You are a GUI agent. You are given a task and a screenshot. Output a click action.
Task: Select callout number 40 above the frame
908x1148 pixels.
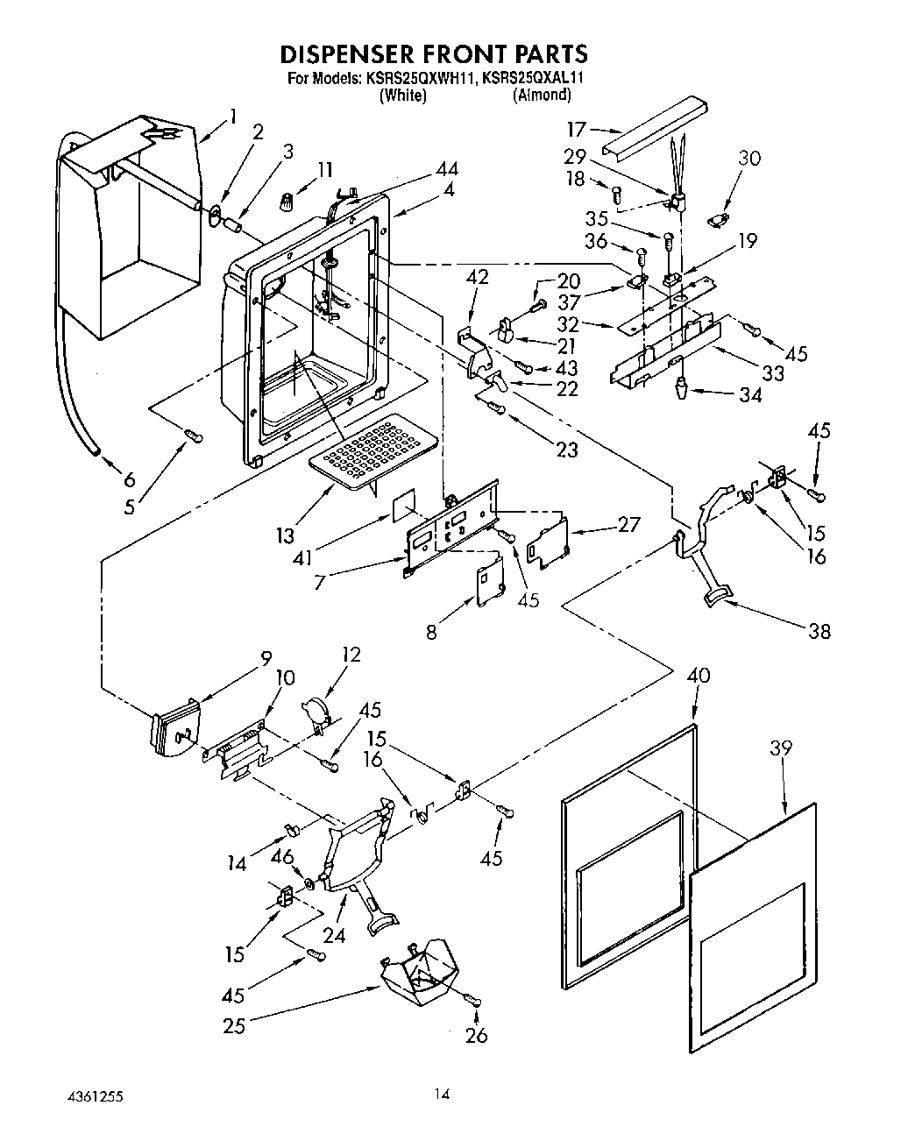coord(699,676)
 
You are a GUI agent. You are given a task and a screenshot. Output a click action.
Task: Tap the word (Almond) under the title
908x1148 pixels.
coord(542,95)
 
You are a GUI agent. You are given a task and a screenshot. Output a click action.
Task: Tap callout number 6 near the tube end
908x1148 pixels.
coord(129,479)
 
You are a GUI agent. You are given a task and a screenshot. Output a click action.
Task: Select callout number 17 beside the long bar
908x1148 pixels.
coord(575,130)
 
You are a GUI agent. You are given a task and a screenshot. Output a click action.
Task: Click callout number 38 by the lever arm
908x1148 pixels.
coord(819,630)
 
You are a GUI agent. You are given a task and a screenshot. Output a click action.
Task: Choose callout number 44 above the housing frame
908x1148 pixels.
coord(445,169)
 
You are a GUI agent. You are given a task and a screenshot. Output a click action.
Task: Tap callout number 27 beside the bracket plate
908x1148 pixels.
coord(628,525)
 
